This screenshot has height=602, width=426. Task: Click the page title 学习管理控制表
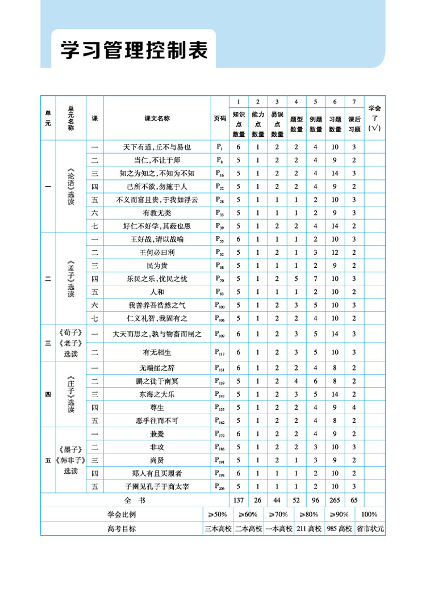coord(134,50)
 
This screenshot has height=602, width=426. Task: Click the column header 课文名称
coord(157,119)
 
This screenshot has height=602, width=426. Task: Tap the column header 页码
coord(220,119)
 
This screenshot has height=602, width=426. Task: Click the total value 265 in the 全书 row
coord(335,500)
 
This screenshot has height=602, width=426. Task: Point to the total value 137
coord(239,500)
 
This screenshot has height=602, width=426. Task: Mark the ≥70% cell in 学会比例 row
coord(278,515)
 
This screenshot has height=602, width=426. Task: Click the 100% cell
coord(369,515)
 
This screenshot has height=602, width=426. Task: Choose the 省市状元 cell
coord(370,529)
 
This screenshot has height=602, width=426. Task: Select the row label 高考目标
coord(122,529)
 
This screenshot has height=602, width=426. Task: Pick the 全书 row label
coord(135,500)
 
